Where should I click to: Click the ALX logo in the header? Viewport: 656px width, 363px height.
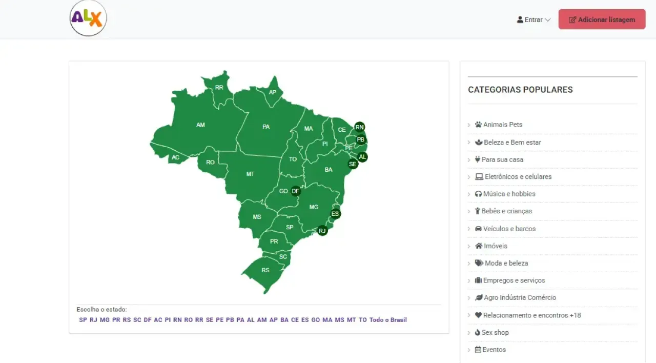[x=88, y=18]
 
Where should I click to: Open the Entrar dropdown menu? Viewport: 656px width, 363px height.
[x=534, y=20]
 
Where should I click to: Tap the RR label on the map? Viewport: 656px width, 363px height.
[x=219, y=88]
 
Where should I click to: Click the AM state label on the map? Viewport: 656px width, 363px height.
[x=200, y=125]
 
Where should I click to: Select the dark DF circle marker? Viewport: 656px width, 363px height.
[x=296, y=191]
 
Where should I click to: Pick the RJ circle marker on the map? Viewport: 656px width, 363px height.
[x=322, y=231]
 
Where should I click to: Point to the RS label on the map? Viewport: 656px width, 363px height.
[x=265, y=270]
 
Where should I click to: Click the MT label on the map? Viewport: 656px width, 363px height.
[x=250, y=174]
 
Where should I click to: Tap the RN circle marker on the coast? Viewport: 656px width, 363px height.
[x=360, y=127]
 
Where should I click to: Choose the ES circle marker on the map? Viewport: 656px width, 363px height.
[x=336, y=214]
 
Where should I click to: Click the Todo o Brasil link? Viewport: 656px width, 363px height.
[x=388, y=320]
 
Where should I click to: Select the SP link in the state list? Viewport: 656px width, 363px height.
[x=83, y=320]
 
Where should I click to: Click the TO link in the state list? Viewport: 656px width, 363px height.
[x=363, y=320]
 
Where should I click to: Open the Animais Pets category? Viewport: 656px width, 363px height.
[x=502, y=125]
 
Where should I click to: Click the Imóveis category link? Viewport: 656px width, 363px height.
[x=495, y=246]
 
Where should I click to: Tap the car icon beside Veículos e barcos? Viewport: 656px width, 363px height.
[x=478, y=229]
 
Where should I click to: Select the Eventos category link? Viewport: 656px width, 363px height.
[x=494, y=350]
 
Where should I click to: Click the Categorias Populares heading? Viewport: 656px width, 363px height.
[x=520, y=90]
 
